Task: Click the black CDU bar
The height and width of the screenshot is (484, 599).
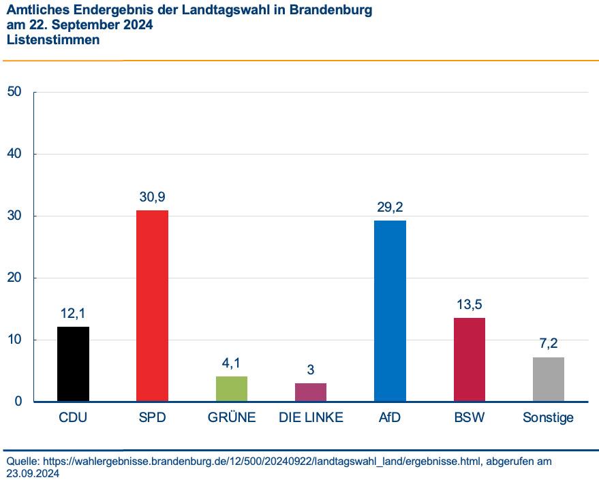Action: [x=73, y=364]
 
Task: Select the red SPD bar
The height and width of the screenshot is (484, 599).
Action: [x=152, y=306]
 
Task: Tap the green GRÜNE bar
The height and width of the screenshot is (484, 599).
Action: [x=232, y=389]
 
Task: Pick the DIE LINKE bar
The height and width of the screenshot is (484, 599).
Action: [x=311, y=392]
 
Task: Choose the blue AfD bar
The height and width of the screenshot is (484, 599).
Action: [x=390, y=311]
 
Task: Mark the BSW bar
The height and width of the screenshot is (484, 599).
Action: [x=469, y=359]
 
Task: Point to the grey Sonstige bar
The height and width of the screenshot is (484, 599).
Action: [x=548, y=379]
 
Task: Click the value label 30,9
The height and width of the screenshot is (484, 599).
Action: [x=152, y=197]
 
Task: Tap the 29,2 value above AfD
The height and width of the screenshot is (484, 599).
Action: [x=390, y=208]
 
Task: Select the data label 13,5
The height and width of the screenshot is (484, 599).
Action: [x=469, y=304]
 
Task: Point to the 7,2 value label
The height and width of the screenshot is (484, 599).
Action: [x=548, y=343]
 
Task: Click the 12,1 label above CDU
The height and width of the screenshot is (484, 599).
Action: [x=73, y=313]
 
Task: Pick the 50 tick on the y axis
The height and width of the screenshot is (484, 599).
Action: [x=14, y=92]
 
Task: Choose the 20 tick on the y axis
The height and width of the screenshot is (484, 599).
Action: [x=14, y=278]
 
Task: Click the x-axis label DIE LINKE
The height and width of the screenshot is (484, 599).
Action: [x=311, y=417]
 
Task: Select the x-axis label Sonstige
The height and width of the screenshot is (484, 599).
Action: [x=548, y=417]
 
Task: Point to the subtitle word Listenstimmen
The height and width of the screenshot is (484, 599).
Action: [x=53, y=40]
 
